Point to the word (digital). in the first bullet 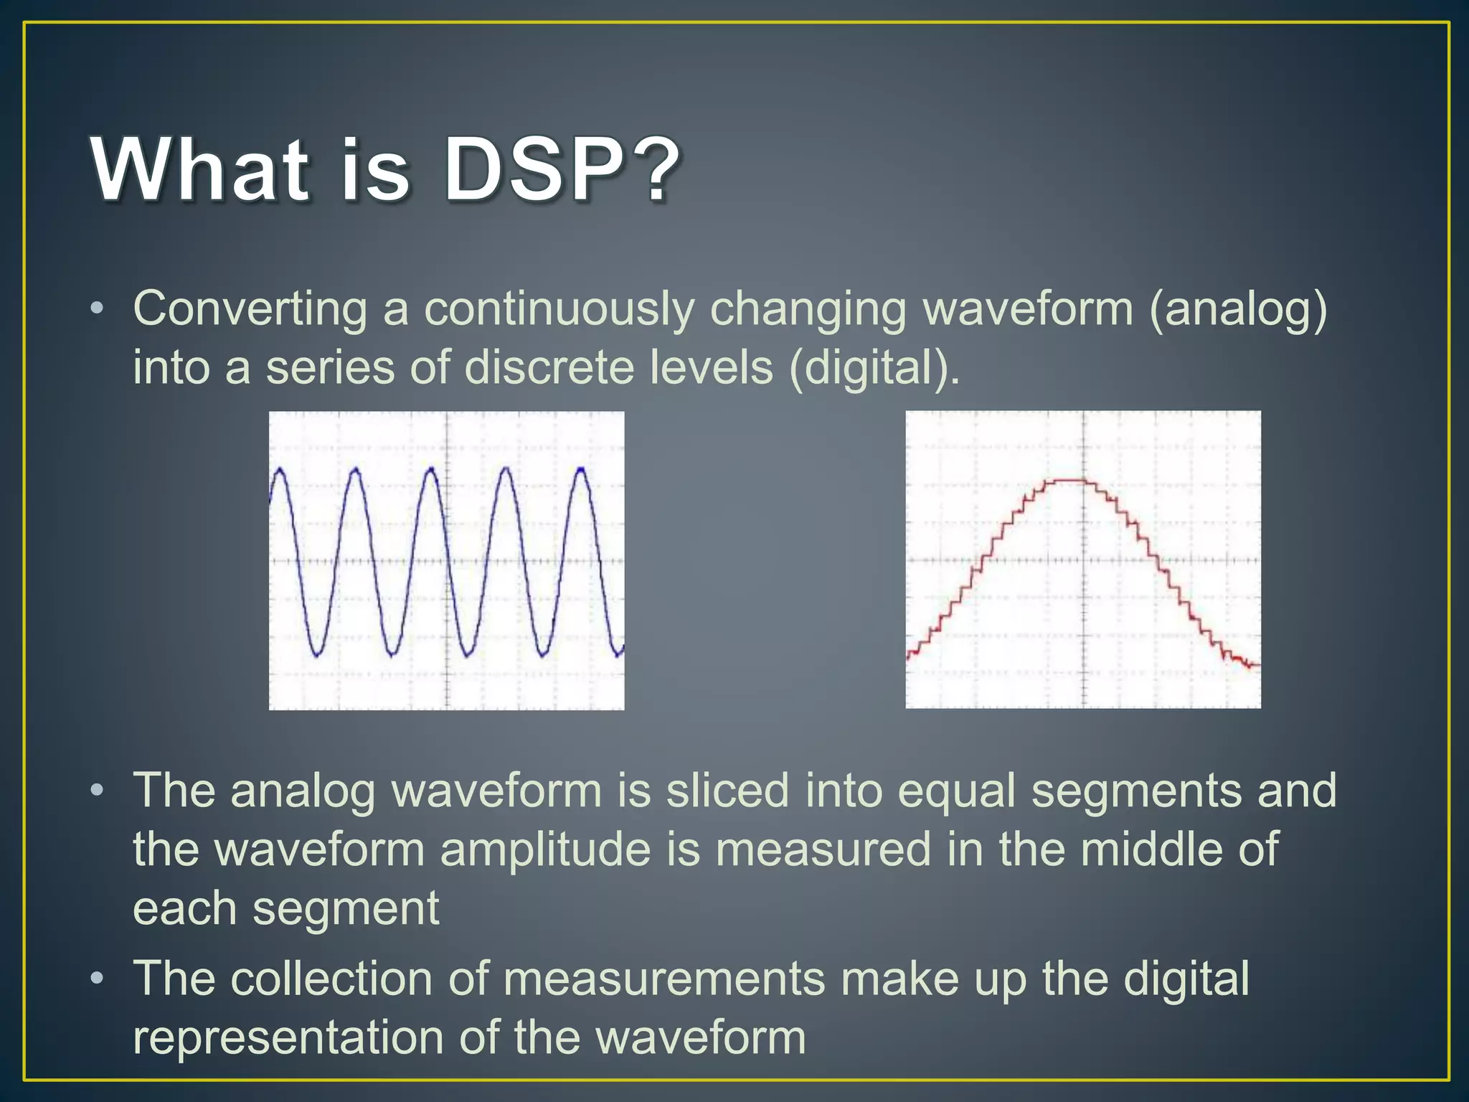(x=874, y=368)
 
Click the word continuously (x=559, y=311)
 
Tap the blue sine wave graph (x=446, y=560)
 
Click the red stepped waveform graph (x=1082, y=560)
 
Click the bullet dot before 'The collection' (x=98, y=979)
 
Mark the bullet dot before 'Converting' (x=98, y=309)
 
